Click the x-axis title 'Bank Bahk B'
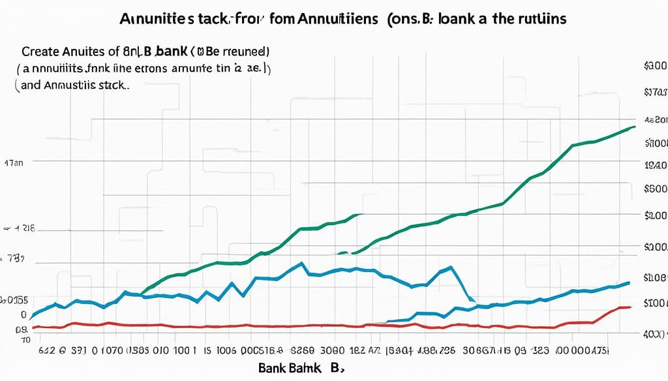[x=299, y=369]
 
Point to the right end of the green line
[x=634, y=127]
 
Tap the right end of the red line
[x=630, y=307]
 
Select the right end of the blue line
[x=629, y=282]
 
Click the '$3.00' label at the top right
[x=654, y=67]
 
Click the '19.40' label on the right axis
[x=655, y=166]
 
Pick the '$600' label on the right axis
[x=655, y=189]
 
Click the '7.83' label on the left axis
[x=16, y=260]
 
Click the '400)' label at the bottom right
[x=655, y=334]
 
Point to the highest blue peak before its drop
[x=301, y=264]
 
